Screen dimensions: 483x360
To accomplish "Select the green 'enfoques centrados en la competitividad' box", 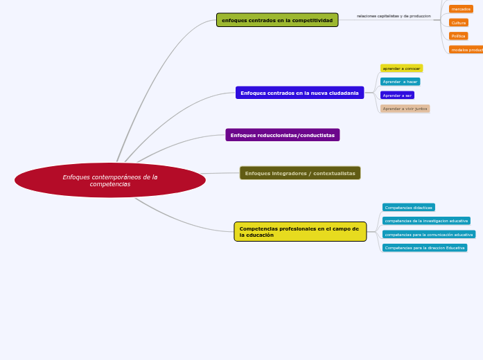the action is (277, 20).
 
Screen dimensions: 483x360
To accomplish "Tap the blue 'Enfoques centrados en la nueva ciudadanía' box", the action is (299, 93).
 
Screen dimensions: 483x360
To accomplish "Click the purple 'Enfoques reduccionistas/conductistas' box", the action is (282, 135).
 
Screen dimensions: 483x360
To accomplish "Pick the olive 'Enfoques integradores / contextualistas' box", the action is (300, 173).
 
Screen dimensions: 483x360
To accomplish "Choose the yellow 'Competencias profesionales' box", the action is (300, 231).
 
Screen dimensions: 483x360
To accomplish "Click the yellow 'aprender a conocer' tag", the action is (401, 69).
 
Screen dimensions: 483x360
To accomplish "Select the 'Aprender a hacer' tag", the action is (400, 82).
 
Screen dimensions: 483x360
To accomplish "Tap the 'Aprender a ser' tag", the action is (397, 96).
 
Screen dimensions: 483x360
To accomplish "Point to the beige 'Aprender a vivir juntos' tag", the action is (405, 109).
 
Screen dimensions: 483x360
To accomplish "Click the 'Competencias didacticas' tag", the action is (408, 207).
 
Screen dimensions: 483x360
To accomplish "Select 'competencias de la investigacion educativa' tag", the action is (426, 221).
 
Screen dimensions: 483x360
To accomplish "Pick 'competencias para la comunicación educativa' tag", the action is (428, 234).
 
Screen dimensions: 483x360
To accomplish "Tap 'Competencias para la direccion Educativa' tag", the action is (425, 248).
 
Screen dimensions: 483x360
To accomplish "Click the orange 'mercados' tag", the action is (461, 9).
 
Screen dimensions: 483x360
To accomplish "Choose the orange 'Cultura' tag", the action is (459, 23).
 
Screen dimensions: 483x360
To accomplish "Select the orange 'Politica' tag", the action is (458, 36).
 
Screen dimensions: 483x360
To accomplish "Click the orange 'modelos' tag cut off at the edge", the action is (466, 50).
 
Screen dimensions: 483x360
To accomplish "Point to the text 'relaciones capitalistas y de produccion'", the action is (394, 16).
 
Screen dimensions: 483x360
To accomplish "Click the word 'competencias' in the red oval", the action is (109, 184).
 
